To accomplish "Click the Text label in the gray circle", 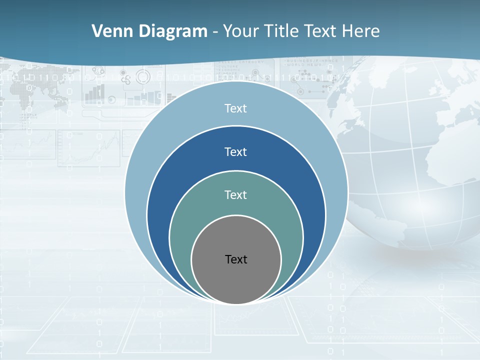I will coord(236,259).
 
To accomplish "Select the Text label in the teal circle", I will coord(236,195).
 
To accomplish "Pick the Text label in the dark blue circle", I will coord(236,152).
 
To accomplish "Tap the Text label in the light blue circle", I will coord(236,108).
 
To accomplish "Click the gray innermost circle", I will coord(236,280).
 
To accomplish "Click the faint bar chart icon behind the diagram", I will coord(95,94).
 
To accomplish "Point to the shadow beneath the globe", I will coord(420,255).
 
